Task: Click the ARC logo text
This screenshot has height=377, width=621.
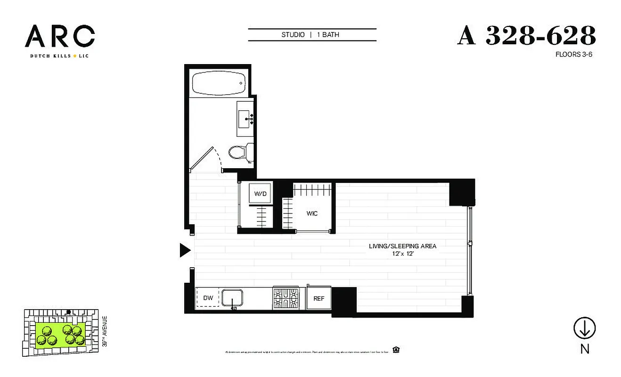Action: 60,36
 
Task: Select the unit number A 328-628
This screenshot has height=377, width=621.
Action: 526,36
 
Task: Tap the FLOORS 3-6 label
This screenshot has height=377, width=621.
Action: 574,54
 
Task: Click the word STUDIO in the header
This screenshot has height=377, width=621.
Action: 293,35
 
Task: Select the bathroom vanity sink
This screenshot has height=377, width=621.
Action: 245,118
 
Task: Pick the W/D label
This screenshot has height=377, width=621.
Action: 260,194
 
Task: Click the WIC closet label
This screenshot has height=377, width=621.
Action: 312,213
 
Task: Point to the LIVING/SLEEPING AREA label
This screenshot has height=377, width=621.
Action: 402,246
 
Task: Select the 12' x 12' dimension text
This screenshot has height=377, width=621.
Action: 402,254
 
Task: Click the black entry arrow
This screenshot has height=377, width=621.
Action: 185,251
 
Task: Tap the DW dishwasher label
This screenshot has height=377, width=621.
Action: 208,298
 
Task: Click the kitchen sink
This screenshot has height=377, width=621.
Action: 232,298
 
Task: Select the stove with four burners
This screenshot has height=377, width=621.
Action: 286,298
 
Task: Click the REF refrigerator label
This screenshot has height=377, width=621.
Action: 318,298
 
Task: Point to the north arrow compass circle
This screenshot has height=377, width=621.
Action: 584,328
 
